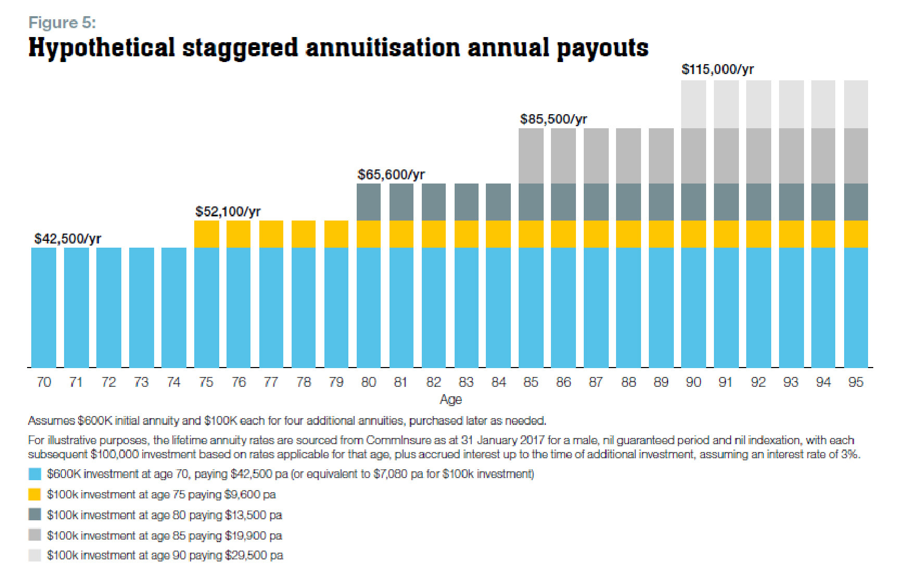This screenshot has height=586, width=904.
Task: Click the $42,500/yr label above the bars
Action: coord(68,239)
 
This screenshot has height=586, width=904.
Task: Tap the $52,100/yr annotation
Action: coord(228,212)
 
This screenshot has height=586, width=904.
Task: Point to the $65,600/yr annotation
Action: coord(391,175)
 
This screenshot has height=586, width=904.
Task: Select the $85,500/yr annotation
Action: coord(554,119)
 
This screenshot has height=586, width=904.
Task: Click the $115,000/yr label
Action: coord(718,69)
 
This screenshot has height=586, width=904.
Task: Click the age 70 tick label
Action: coord(44,382)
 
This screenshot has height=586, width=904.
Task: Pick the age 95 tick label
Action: coord(856,382)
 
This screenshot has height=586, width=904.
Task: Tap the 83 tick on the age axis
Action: coord(466,382)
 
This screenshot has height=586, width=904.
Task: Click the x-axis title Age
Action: coord(450,399)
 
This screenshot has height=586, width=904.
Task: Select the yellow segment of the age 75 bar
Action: coord(206,234)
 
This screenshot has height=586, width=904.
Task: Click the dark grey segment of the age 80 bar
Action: coord(369,202)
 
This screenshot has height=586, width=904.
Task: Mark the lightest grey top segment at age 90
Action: coord(694,104)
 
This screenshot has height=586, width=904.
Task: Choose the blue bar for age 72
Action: coord(109,308)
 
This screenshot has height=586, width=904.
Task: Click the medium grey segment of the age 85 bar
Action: coord(531,155)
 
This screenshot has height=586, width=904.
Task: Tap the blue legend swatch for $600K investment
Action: coord(35,474)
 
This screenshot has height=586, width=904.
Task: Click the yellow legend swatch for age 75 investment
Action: coord(35,494)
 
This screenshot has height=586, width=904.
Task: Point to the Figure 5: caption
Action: coord(62,22)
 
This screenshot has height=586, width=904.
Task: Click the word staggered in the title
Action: coord(240,48)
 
